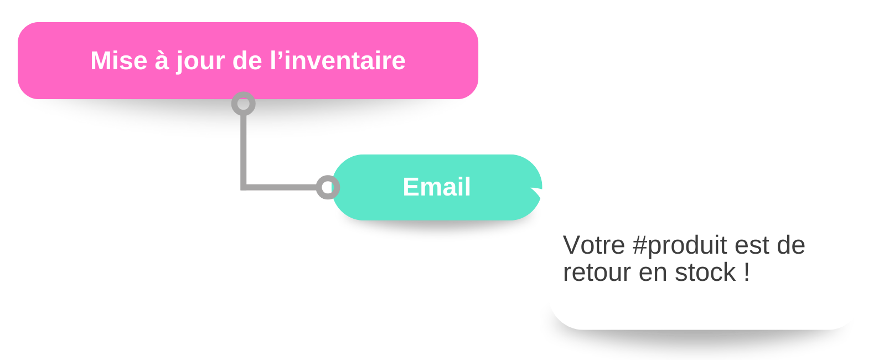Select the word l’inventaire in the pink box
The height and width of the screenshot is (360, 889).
click(338, 60)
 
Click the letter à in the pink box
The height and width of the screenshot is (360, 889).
click(161, 60)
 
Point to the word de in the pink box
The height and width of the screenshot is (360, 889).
click(247, 60)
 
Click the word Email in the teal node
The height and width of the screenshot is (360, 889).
click(437, 187)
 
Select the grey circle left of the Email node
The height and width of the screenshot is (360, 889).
click(328, 187)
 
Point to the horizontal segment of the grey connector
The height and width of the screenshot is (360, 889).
click(280, 187)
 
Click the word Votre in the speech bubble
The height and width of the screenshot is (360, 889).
click(593, 245)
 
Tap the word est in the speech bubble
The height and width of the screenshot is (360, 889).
click(752, 245)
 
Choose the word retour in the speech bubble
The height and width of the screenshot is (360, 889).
click(597, 272)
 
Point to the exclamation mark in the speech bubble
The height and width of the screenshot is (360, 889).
click(747, 272)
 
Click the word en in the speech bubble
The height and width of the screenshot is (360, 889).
click(653, 273)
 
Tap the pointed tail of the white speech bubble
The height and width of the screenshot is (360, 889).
click(539, 193)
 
